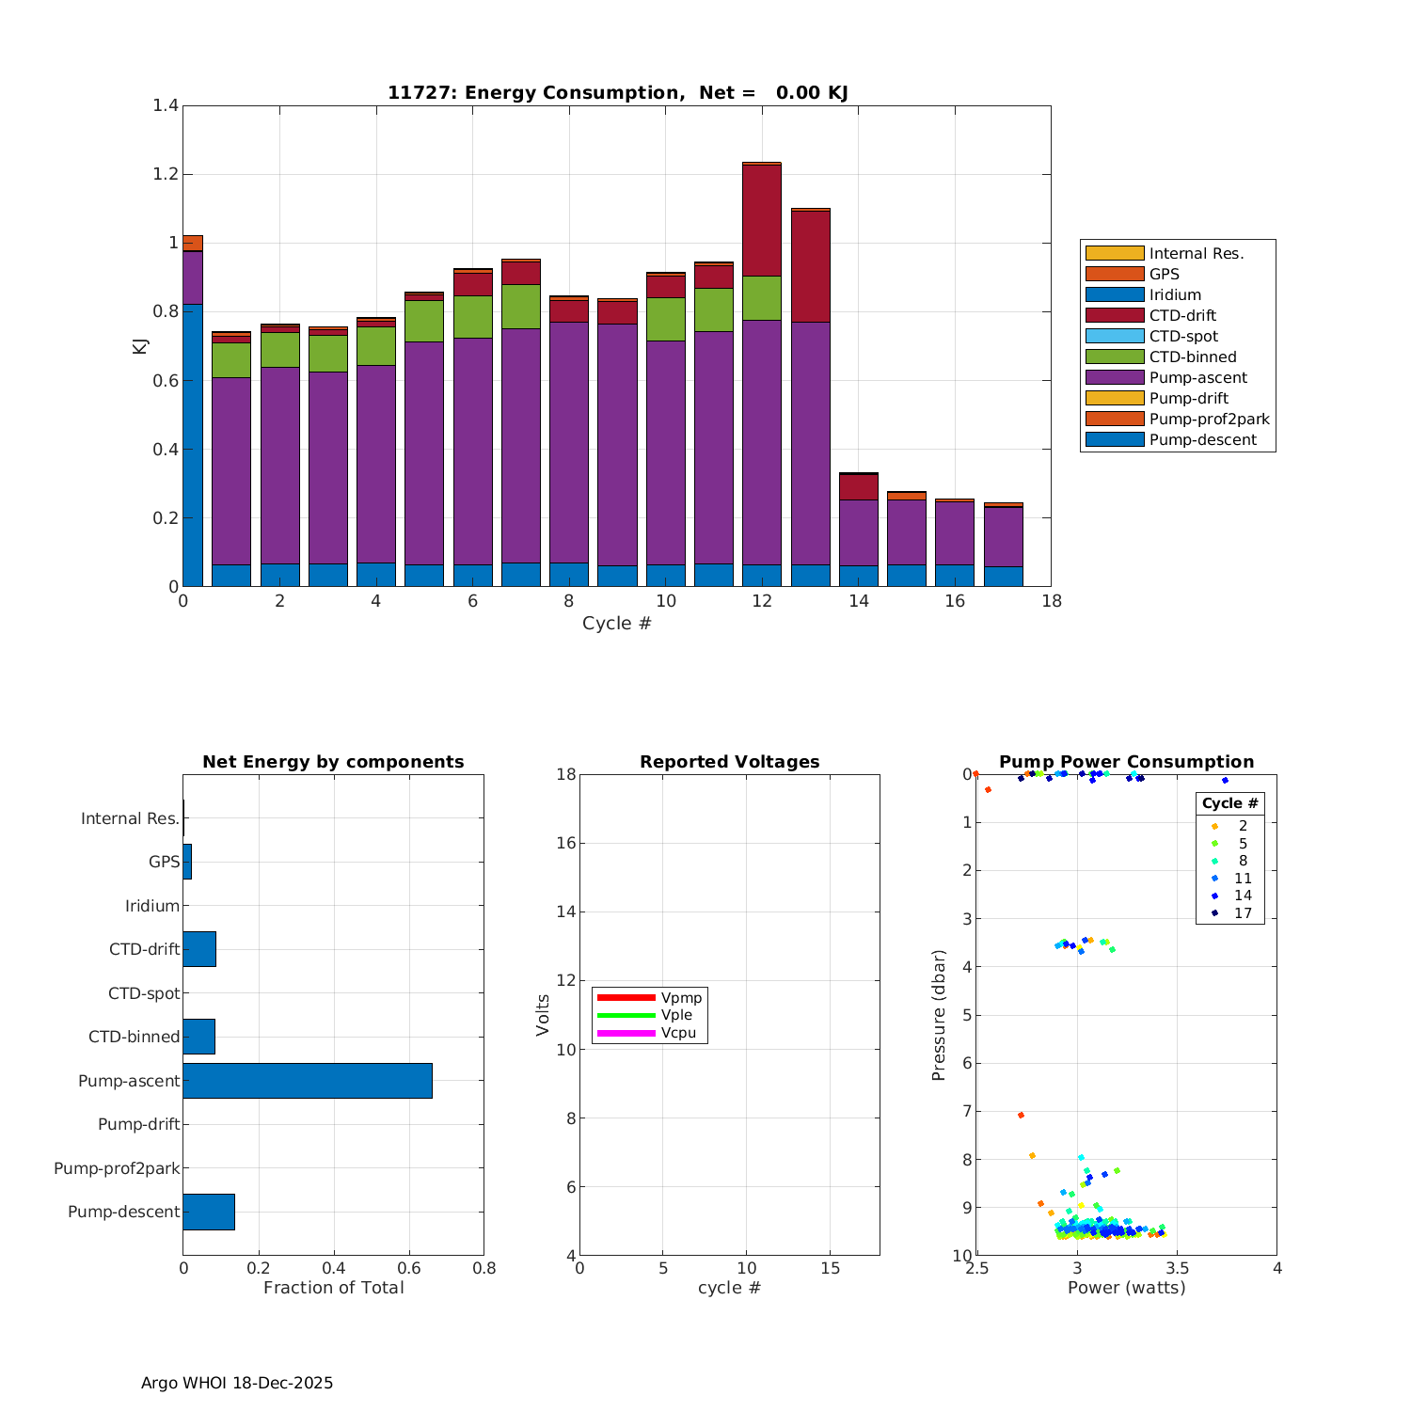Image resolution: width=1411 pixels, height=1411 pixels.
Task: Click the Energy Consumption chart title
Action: tap(618, 92)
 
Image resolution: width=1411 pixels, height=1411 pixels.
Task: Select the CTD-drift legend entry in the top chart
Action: tap(1182, 316)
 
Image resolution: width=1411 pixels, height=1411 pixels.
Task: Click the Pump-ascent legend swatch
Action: tap(1115, 378)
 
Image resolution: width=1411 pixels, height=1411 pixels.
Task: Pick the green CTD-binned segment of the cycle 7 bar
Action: tap(521, 307)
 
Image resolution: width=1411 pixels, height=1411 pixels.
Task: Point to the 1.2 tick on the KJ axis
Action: tap(166, 174)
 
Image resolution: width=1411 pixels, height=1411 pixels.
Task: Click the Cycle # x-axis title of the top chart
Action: tap(616, 624)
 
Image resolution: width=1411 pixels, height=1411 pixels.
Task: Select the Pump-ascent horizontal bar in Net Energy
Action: tap(308, 1081)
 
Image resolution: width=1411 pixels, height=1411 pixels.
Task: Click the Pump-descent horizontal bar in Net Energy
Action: tap(209, 1212)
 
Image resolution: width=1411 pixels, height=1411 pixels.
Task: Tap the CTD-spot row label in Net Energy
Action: tap(144, 993)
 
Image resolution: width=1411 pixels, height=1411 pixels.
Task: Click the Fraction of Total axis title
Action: tap(333, 1288)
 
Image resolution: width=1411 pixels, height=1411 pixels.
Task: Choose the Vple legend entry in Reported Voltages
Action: tap(676, 1015)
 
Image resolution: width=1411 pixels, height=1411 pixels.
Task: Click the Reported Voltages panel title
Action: tap(729, 762)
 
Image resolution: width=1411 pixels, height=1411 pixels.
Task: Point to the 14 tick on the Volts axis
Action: tap(564, 912)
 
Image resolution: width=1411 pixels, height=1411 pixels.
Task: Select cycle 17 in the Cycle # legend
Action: tap(1243, 913)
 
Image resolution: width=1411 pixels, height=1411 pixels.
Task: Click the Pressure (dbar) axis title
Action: tap(939, 1015)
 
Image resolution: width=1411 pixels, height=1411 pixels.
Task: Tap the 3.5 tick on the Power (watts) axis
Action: tap(1177, 1268)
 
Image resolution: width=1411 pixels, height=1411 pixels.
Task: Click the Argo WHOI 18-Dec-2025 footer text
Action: tap(237, 1383)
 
